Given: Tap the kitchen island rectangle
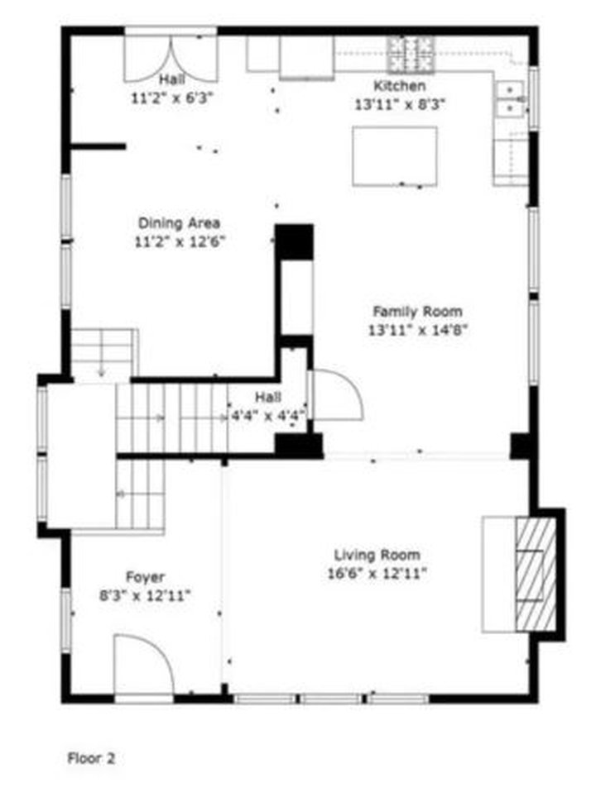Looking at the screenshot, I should pos(395,155).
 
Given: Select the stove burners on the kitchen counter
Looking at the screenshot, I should pos(411,55).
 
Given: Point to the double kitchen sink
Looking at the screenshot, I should pos(511,98).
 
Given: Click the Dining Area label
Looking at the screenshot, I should pos(179,223).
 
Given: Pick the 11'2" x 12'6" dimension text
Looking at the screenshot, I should pos(179,242).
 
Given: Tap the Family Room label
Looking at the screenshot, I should pos(416,312).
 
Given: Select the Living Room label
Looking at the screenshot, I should pos(377,556).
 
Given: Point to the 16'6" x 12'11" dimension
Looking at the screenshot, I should pos(377,574).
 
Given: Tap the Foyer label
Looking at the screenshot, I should pos(145,577).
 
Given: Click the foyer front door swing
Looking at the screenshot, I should pos(142,666).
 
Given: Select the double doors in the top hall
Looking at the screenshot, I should pos(171,56).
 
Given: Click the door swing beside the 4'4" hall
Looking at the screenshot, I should pos(336,394).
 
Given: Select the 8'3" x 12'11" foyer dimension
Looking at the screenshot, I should pos(145,595).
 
